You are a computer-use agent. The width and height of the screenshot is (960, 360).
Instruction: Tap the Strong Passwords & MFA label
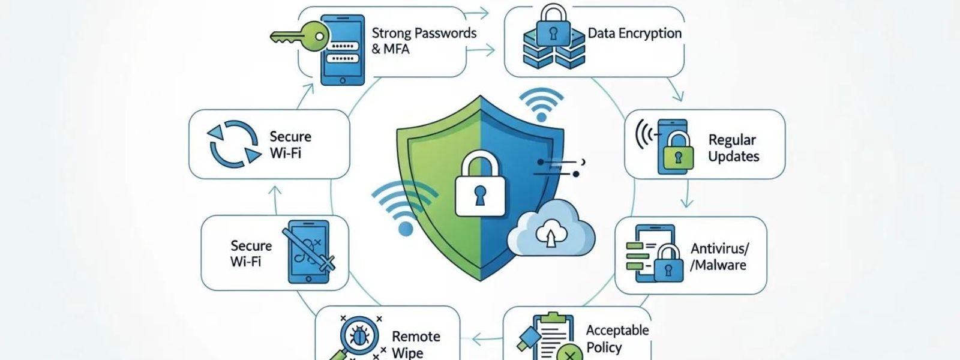tap(423, 41)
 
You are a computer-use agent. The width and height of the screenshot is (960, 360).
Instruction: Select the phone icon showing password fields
tap(343, 50)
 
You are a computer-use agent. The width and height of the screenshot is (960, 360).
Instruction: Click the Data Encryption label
tap(634, 34)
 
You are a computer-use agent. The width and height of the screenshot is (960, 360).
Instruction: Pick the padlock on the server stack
tap(548, 25)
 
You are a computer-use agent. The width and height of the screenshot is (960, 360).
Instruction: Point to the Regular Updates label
tap(733, 148)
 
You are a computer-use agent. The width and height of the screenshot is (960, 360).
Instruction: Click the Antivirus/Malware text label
tap(719, 257)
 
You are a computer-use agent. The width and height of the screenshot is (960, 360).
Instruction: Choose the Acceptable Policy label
tap(617, 338)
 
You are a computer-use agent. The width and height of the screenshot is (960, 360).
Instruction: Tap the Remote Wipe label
tap(416, 344)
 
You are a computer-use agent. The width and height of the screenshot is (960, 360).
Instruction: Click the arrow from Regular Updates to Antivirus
tap(686, 194)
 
